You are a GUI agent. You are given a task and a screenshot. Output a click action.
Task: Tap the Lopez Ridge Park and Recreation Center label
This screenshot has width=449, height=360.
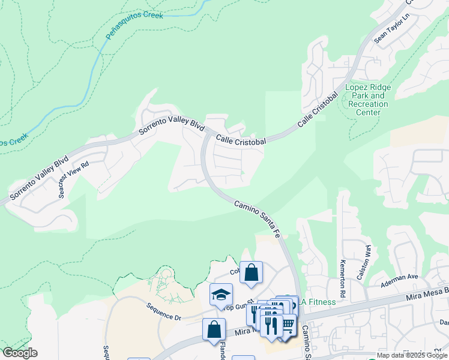click(x=367, y=100)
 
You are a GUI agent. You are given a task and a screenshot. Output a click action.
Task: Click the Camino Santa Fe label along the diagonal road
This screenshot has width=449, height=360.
click(x=258, y=220)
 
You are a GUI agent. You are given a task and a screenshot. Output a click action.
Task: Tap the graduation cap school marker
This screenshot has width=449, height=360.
click(x=221, y=295)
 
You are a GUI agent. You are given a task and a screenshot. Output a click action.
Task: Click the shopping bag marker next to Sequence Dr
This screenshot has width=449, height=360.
click(x=214, y=329)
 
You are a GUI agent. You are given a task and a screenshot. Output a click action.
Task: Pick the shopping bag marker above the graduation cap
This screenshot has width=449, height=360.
click(x=251, y=272)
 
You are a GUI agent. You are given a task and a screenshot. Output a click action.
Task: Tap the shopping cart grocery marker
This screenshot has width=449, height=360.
click(x=288, y=325)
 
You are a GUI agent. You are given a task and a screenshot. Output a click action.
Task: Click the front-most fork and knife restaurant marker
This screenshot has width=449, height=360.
click(x=271, y=325)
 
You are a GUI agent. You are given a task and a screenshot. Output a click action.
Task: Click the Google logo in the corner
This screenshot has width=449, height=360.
click(x=19, y=353)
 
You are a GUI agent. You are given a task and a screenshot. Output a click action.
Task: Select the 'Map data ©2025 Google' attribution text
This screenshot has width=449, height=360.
click(x=411, y=355)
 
